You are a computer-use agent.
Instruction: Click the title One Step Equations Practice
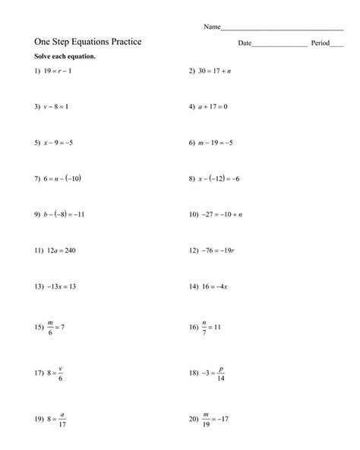pos(87,43)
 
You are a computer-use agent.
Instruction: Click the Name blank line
pos(282,28)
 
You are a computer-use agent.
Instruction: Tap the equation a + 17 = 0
pos(213,108)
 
